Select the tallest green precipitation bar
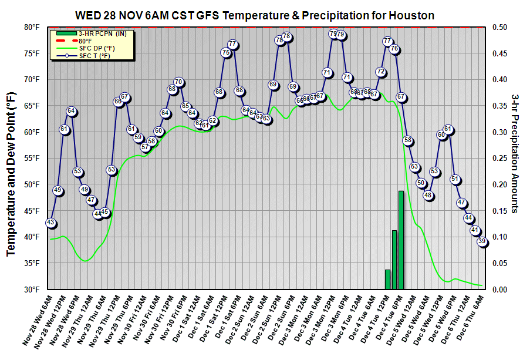tap(401, 241)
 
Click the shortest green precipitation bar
tap(387, 279)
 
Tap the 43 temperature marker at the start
tap(50, 223)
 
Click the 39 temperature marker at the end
tap(482, 241)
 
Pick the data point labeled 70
tap(179, 82)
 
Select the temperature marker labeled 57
tap(145, 147)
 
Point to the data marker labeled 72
tap(381, 72)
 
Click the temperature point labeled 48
tap(428, 196)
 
